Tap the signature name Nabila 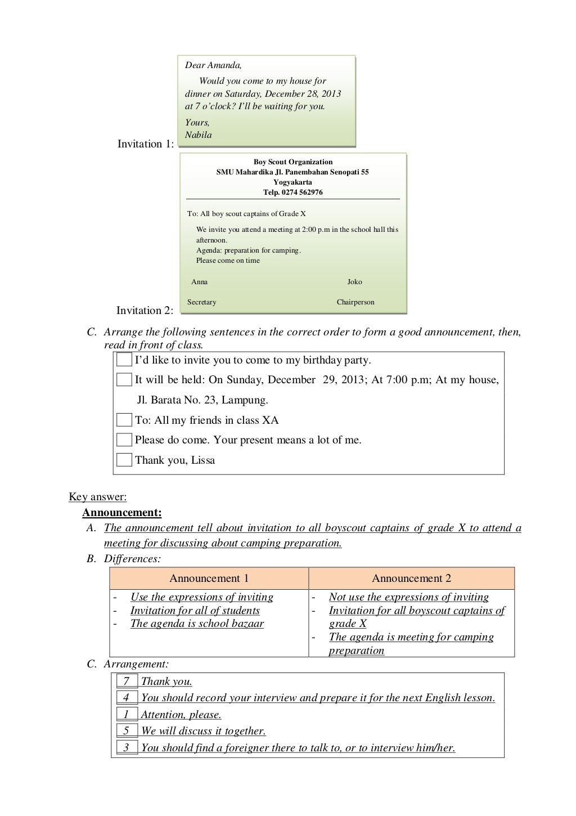coord(199,135)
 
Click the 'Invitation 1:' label coord(146,144)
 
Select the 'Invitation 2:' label coord(145,311)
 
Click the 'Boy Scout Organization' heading coord(293,162)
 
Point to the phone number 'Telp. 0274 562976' coord(293,192)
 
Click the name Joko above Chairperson coord(354,282)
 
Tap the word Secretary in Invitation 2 coord(201,302)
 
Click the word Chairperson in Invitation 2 coord(355,302)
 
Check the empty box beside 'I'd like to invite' coord(124,360)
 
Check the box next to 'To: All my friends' coord(124,420)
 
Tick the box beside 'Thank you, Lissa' coord(124,460)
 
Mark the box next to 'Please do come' coord(124,440)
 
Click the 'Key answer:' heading coord(98,497)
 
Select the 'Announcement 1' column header coord(209,579)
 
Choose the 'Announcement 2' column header coord(411,579)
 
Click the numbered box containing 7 coord(127,682)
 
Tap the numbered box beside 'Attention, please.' coord(127,715)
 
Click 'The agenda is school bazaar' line coord(197,624)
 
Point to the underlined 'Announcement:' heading coord(122,513)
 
